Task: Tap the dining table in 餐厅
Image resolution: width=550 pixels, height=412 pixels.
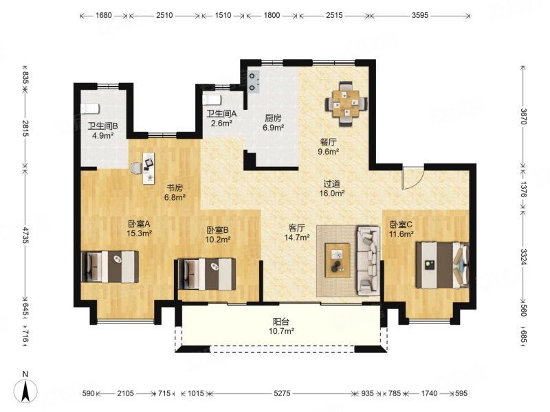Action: [x=346, y=104]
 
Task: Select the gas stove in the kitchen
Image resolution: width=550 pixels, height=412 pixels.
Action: [x=254, y=82]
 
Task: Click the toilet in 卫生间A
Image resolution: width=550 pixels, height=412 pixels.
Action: [x=212, y=100]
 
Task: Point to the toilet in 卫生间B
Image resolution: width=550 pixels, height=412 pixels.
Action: [x=90, y=108]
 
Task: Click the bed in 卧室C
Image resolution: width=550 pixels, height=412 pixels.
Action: [x=442, y=265]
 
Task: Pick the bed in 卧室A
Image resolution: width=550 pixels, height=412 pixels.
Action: [x=109, y=266]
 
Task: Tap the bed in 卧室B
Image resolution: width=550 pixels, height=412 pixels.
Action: [x=207, y=274]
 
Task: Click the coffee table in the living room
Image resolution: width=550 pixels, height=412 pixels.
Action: [x=338, y=260]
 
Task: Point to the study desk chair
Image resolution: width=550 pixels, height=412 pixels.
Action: [x=135, y=168]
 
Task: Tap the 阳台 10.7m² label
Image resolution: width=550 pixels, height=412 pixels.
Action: [x=283, y=325]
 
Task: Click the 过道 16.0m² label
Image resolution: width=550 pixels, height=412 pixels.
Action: [x=332, y=188]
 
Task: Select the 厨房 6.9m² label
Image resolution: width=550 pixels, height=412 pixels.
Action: [x=273, y=123]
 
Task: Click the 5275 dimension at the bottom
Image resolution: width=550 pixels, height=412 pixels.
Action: [x=282, y=393]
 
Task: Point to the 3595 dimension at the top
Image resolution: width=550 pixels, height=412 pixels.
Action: [x=420, y=15]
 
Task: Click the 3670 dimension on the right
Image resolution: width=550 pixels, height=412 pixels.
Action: [x=523, y=116]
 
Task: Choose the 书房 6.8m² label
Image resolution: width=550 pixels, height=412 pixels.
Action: [x=175, y=193]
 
